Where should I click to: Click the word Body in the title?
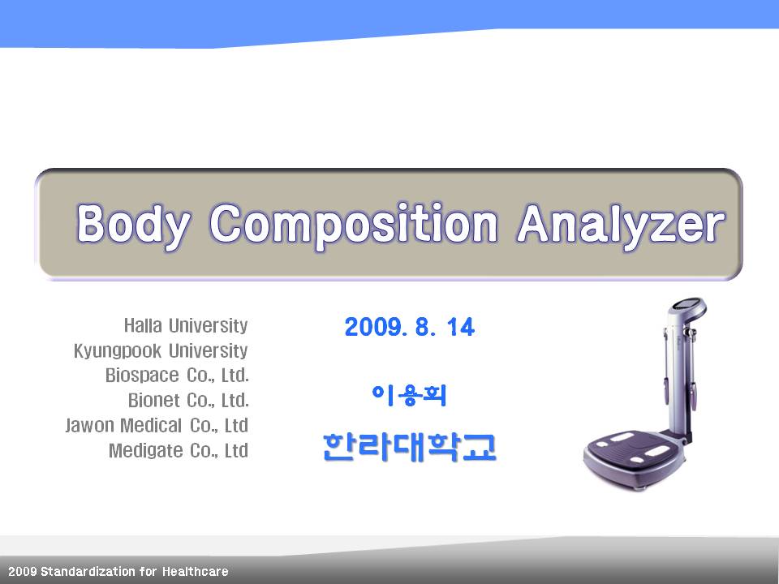tap(133, 225)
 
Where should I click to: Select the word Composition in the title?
tap(353, 225)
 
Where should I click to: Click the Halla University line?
tap(186, 326)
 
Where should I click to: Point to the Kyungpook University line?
tap(161, 351)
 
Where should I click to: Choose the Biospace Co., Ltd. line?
tap(177, 375)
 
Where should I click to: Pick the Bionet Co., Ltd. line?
tap(188, 400)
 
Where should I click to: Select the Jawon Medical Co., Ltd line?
tap(157, 425)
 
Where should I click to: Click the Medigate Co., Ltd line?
tap(179, 450)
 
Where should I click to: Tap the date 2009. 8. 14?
tap(410, 327)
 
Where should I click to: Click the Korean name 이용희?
tap(409, 396)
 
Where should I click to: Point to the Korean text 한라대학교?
tap(409, 447)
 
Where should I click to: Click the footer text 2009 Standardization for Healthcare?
tap(118, 572)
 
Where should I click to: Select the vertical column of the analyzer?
tap(676, 377)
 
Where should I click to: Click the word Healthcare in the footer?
tap(196, 572)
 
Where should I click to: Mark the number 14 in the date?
tap(461, 327)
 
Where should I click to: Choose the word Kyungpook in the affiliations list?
tap(117, 351)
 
